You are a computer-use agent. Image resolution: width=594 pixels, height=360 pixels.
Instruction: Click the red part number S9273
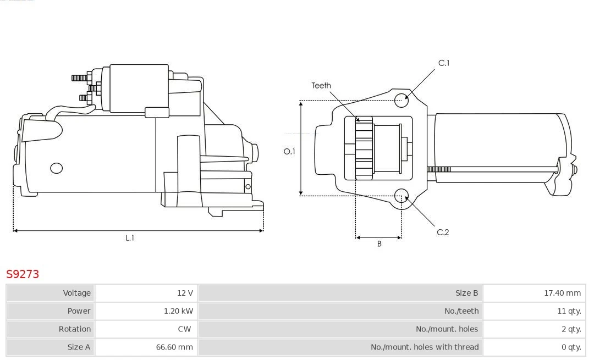tap(23, 274)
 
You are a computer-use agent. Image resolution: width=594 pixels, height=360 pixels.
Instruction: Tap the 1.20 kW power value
tap(178, 311)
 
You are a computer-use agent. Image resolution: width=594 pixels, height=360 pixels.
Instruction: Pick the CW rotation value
tap(184, 329)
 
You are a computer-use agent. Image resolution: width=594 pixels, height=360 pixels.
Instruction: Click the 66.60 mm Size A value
tap(174, 347)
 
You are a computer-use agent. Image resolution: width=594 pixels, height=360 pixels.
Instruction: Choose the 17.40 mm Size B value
tap(562, 293)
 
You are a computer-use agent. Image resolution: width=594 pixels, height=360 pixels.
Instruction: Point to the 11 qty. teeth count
tap(569, 311)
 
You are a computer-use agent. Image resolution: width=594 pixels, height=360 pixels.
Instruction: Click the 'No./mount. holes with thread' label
tap(424, 347)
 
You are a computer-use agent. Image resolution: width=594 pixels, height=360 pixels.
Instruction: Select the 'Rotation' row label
tap(75, 329)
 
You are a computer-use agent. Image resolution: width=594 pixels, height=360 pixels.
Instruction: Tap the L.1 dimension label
tap(130, 238)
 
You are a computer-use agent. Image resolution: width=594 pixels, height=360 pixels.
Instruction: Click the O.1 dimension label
tap(289, 151)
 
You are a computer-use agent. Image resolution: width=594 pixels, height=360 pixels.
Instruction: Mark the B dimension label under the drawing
tap(379, 244)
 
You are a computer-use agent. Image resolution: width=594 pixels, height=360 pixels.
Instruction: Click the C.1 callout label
tap(443, 63)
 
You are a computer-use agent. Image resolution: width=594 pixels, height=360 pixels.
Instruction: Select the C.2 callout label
tap(443, 232)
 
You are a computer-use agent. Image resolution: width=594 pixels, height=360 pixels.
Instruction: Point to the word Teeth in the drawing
tap(321, 85)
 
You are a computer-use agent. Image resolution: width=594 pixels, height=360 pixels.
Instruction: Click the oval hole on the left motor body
tap(57, 168)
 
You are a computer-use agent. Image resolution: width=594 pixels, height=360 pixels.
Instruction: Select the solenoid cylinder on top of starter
tap(139, 88)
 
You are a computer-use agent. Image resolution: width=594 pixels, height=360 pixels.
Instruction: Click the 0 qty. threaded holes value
tap(571, 347)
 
